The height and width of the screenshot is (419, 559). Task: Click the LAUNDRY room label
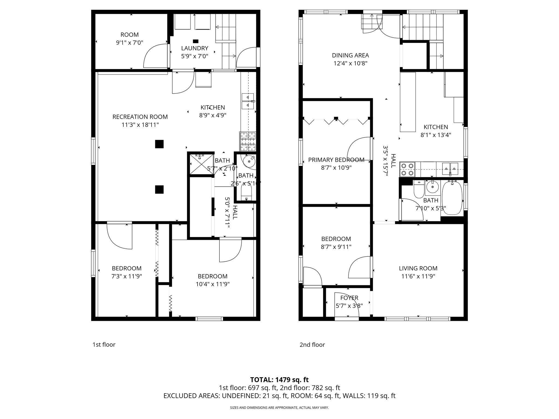pos(195,48)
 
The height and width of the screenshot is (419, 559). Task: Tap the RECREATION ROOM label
pos(140,117)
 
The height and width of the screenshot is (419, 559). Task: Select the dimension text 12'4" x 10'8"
pos(350,64)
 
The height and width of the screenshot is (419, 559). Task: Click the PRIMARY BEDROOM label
pos(336,160)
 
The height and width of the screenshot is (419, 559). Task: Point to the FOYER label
pos(349,298)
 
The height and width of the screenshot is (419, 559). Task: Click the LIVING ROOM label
pos(418,268)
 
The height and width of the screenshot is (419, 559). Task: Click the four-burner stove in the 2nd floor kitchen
pos(407,169)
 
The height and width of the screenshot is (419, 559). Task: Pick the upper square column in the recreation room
pos(159,144)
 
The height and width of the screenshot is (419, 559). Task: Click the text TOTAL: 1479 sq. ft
pos(279,380)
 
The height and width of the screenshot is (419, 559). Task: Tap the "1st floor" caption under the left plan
pos(104,345)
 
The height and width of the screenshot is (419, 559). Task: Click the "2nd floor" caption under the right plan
pos(312,345)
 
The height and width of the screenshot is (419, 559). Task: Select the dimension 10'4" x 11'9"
pos(212,284)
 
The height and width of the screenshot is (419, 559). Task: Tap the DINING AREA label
pos(350,55)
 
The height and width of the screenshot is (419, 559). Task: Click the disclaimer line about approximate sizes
pos(279,408)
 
